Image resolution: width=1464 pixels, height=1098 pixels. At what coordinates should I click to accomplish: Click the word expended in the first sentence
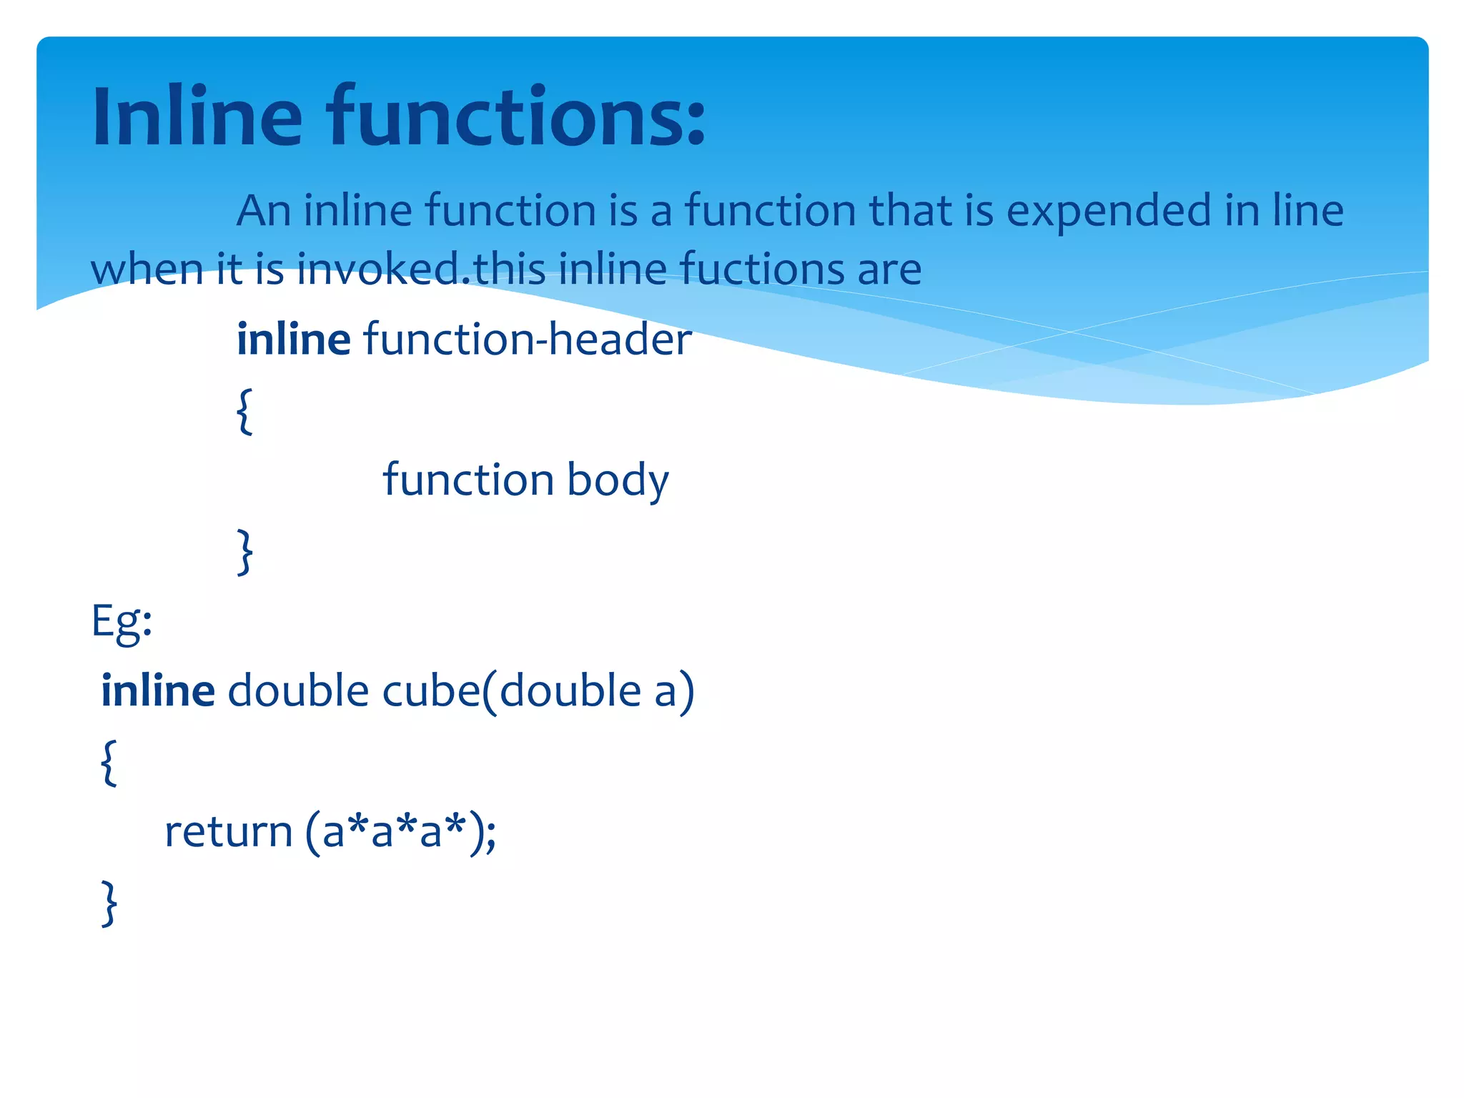point(1109,212)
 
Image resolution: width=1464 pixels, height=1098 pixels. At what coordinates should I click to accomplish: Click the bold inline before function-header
point(293,339)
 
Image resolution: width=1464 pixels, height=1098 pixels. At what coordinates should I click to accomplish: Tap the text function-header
point(528,339)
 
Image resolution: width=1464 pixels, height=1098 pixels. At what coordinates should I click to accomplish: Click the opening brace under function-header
point(244,411)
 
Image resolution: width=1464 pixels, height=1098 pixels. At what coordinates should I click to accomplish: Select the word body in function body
point(618,480)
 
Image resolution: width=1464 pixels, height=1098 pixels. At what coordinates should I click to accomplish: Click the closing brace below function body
point(244,551)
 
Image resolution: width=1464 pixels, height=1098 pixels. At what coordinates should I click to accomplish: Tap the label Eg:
point(122,621)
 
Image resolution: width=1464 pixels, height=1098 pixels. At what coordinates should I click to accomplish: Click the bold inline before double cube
point(157,691)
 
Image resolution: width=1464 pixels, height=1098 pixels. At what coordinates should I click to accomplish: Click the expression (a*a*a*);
point(400,831)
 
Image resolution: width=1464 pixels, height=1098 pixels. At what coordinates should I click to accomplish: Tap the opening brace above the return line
point(109,762)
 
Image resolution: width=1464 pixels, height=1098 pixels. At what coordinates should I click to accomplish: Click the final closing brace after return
point(109,903)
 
